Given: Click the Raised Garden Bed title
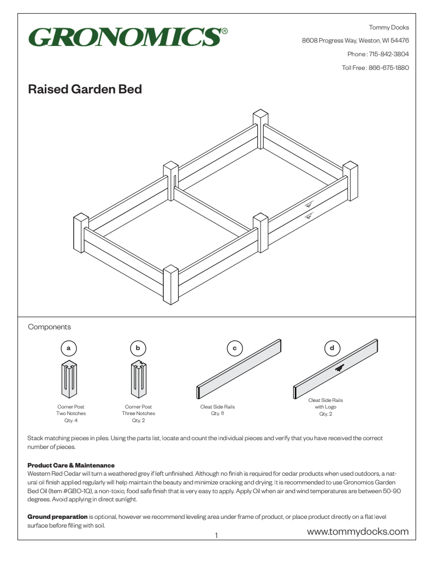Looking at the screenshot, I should coord(85,90).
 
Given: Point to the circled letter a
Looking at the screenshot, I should coord(68,347).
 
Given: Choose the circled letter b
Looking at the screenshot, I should coord(138,347).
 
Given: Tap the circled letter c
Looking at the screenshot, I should coord(235,347).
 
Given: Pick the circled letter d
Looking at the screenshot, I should coord(332,347).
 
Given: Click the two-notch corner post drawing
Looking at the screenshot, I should coord(68,378).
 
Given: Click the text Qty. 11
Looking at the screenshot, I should coord(218,413).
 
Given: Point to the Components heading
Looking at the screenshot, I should coord(49,327).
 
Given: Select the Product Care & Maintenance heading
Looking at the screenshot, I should coord(71,465).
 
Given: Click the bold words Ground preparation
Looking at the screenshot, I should coord(57,516).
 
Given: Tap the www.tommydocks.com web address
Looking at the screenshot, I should coord(358,531).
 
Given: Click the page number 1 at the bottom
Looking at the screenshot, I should coord(217,536).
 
